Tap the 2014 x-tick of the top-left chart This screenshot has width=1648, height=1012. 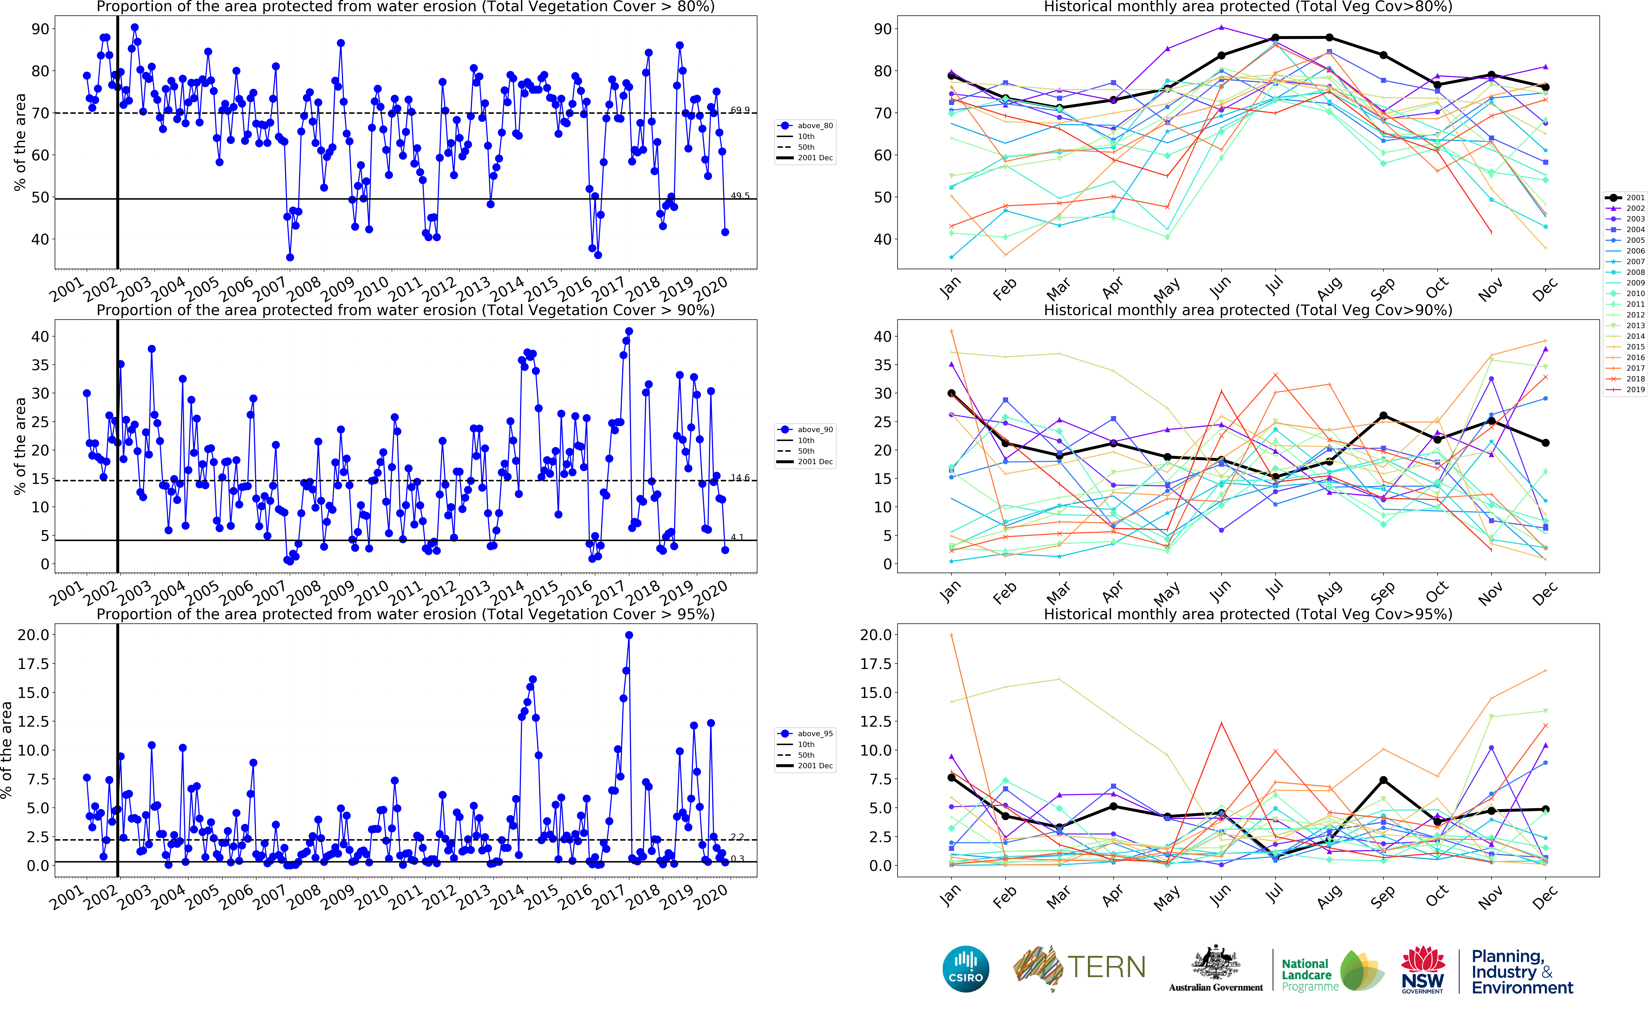point(507,288)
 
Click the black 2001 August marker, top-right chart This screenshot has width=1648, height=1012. point(1329,38)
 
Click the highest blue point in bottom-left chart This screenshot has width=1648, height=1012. point(629,635)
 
